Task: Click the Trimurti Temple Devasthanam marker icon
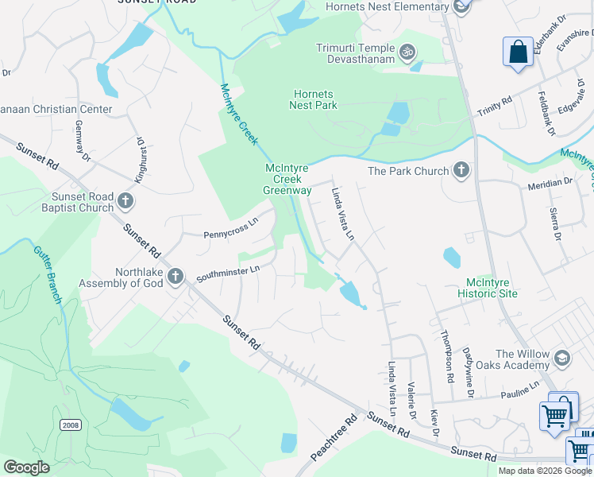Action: (407, 52)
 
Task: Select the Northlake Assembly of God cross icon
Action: (175, 277)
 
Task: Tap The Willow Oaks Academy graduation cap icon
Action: (563, 359)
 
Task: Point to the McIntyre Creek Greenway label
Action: (287, 179)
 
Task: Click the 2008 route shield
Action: (70, 425)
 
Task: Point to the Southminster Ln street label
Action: (229, 271)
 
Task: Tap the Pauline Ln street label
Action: (520, 391)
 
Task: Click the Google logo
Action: (26, 467)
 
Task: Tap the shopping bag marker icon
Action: (518, 52)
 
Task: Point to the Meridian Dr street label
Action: (550, 184)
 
